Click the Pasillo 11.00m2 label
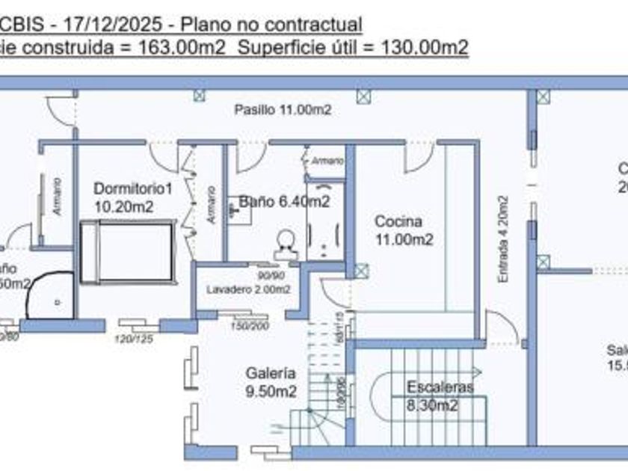(283, 110)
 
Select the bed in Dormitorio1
(126, 251)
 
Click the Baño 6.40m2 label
(285, 202)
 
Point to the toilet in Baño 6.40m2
(285, 241)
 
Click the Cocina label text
(398, 222)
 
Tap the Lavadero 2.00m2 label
(248, 289)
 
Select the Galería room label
(271, 373)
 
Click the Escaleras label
(440, 387)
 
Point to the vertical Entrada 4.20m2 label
(503, 239)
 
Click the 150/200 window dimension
(250, 325)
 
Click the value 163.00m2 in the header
(179, 48)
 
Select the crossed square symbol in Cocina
(362, 270)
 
